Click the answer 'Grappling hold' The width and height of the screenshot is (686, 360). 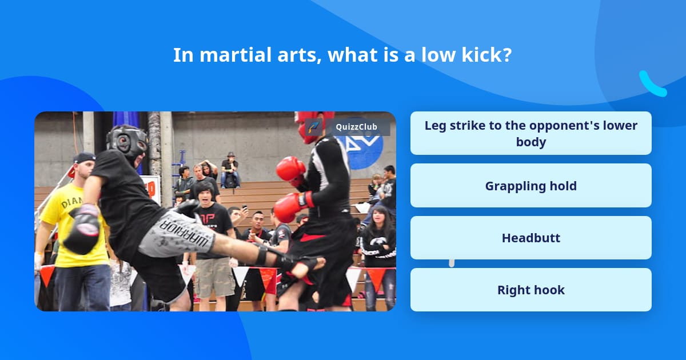coord(531,186)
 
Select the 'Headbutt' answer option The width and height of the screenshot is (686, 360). coord(531,238)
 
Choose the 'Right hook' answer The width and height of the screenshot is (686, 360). coord(531,290)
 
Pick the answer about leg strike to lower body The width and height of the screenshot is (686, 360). coord(531,133)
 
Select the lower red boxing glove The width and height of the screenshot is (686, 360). coord(292,206)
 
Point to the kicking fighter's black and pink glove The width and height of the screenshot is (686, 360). coord(82,229)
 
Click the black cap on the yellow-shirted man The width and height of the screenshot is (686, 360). coord(84,158)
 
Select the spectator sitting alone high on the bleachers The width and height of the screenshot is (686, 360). coord(230,169)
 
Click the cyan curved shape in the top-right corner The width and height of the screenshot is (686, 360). coord(652,85)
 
